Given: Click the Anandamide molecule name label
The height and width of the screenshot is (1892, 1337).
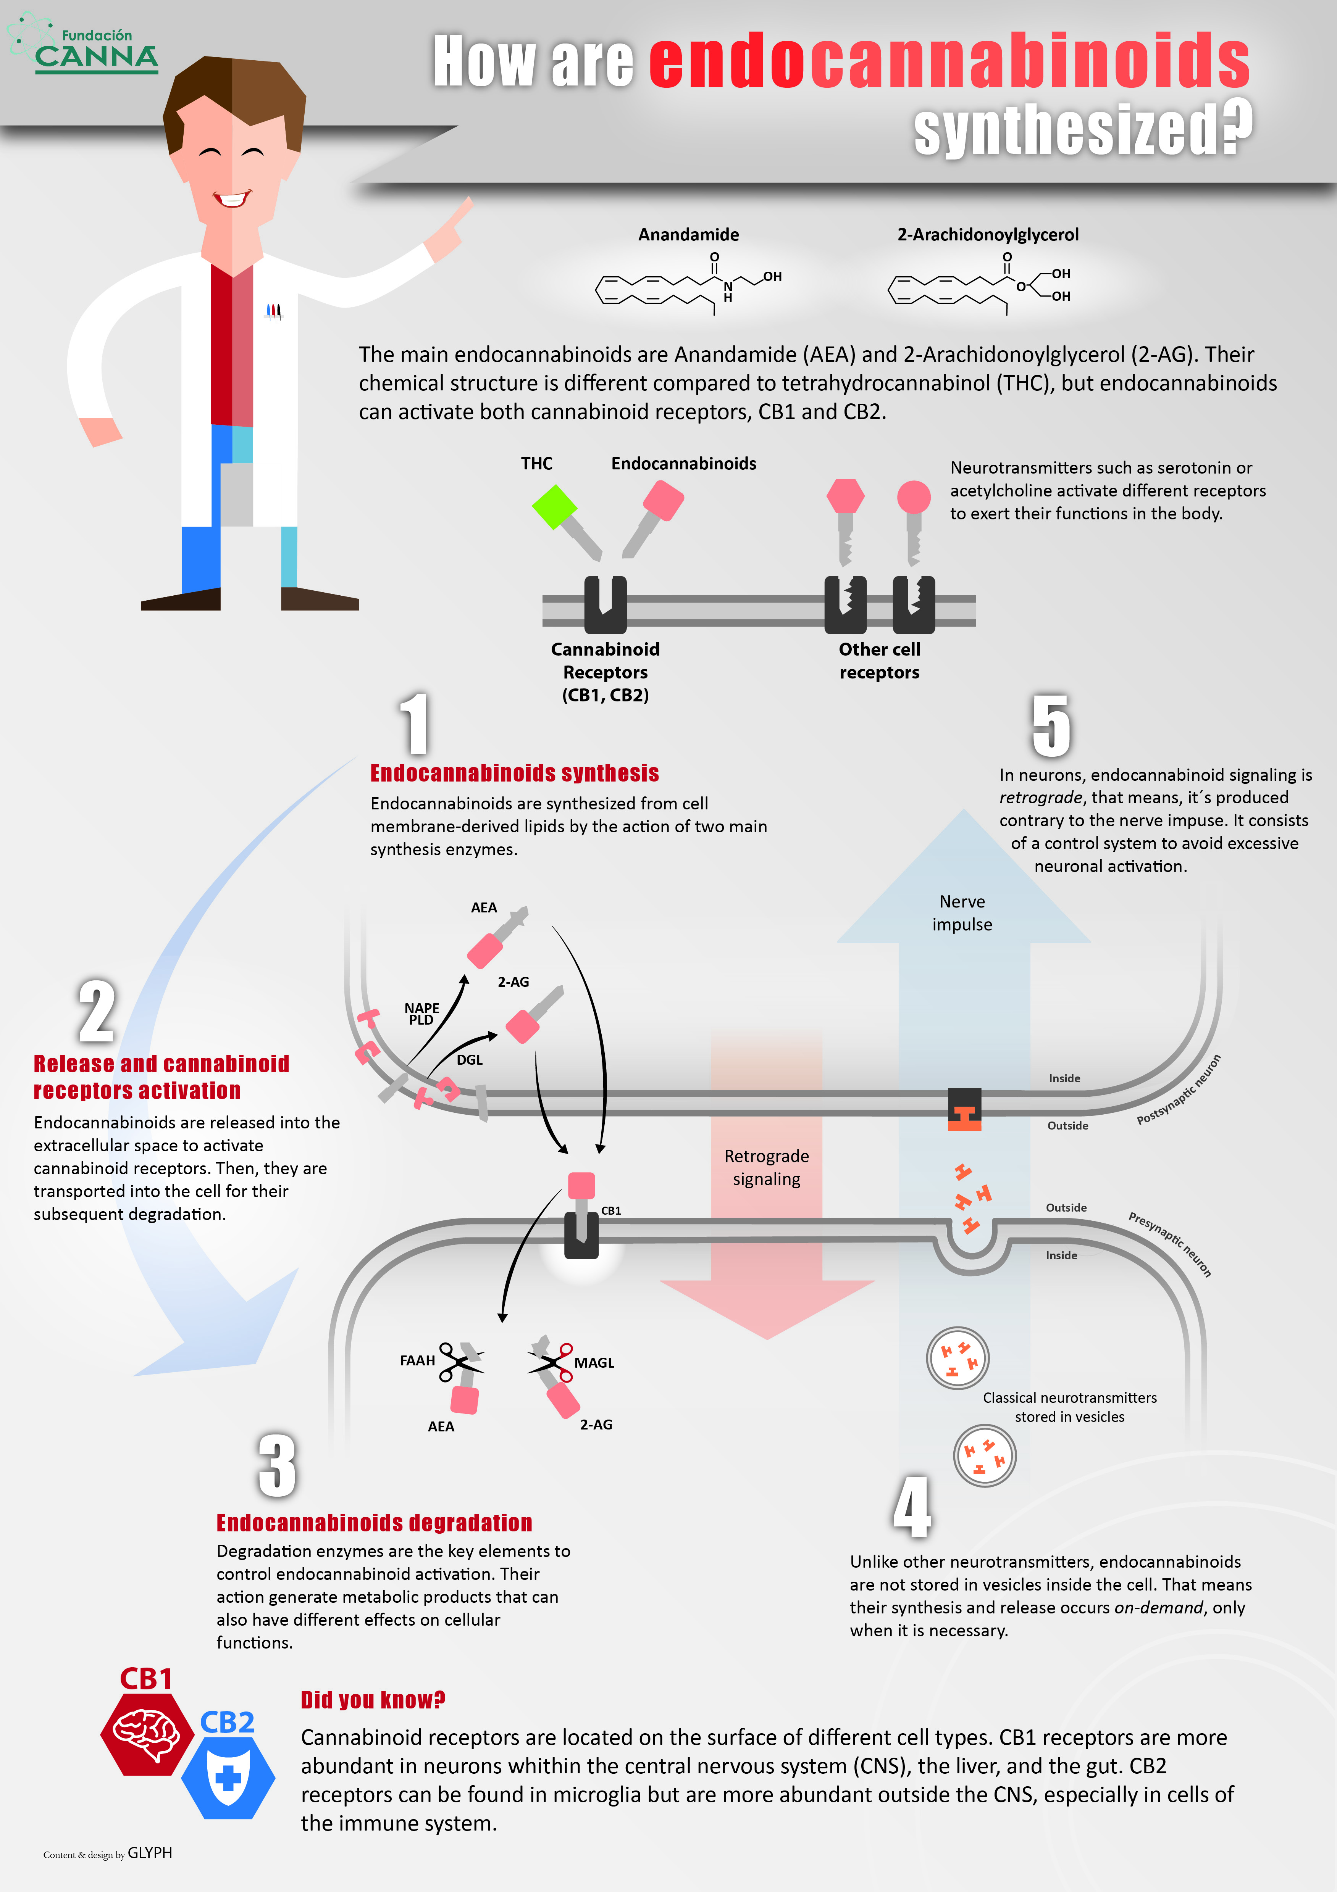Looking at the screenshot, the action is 688,235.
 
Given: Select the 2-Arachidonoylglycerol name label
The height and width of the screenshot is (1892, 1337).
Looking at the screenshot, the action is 988,235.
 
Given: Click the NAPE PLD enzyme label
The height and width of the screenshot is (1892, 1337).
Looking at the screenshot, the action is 421,1014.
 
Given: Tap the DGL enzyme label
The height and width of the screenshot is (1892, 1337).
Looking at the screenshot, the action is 469,1060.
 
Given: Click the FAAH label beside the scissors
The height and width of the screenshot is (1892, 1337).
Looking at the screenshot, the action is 417,1360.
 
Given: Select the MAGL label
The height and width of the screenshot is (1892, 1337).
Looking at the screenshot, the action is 594,1363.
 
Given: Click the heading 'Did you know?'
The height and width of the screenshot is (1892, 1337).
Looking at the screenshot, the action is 373,1700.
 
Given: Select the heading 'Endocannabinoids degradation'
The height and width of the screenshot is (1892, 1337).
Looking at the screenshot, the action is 374,1523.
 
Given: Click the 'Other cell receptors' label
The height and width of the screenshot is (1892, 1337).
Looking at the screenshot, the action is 880,661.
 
